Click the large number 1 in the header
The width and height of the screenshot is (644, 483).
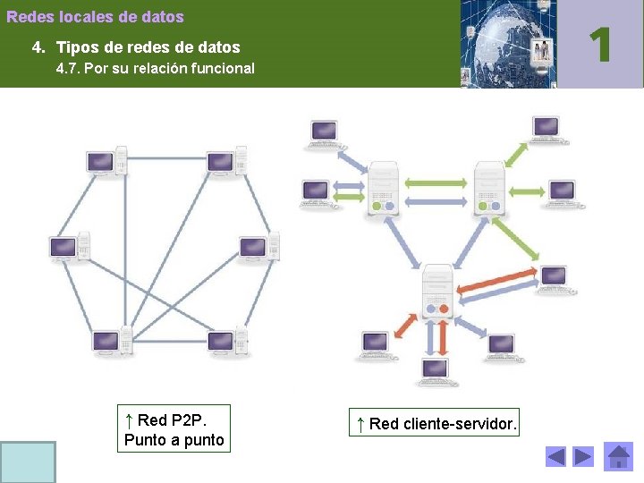600,44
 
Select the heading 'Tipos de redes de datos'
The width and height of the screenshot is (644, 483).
148,47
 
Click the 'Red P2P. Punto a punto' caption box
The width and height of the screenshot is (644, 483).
174,429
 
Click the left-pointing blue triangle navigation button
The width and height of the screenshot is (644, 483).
556,457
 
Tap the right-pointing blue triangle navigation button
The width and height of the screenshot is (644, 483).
583,457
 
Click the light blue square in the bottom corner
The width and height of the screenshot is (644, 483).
28,462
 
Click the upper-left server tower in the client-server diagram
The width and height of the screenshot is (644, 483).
383,188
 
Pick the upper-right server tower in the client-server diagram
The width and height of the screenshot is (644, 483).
489,188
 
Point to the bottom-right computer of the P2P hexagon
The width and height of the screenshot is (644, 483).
227,342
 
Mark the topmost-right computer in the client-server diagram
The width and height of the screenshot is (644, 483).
546,129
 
